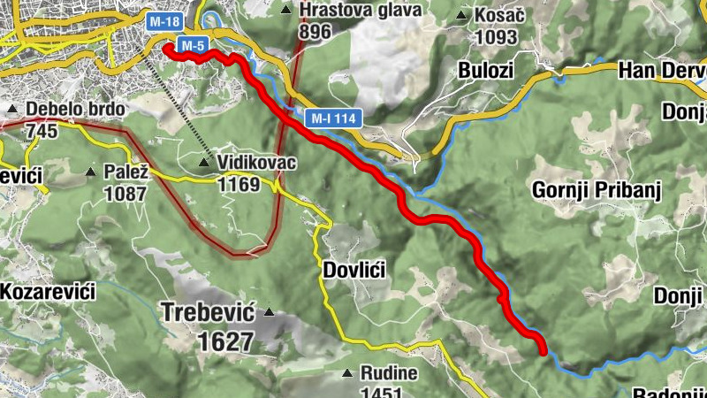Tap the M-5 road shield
pyautogui.click(x=193, y=44)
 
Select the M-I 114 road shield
pyautogui.click(x=332, y=117)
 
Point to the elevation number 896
pyautogui.click(x=315, y=32)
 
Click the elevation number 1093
pyautogui.click(x=497, y=38)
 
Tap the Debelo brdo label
pyautogui.click(x=75, y=110)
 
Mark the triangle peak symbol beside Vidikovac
pyautogui.click(x=205, y=163)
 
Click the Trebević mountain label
pyautogui.click(x=208, y=312)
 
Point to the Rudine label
pyautogui.click(x=388, y=373)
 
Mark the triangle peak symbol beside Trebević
pyautogui.click(x=269, y=312)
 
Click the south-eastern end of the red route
pyautogui.click(x=542, y=350)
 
